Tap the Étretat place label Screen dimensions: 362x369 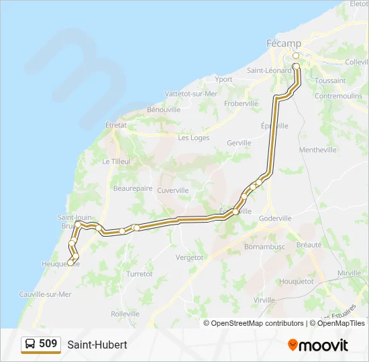tap(115, 125)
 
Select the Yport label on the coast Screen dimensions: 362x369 tap(224, 79)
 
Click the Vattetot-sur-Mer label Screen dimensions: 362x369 tap(192, 95)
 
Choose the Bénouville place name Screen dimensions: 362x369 tap(164, 109)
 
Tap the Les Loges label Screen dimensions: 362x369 tap(193, 138)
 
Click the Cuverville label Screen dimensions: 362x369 tap(172, 190)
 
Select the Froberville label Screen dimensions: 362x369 tap(241, 103)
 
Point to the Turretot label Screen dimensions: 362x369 tap(140, 274)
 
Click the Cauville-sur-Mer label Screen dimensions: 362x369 tap(45, 294)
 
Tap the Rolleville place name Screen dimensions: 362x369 tap(125, 313)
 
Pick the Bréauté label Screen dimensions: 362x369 tap(309, 245)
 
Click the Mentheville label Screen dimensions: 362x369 tap(318, 150)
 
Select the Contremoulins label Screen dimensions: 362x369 tap(338, 96)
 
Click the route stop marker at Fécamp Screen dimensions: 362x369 tap(296, 56)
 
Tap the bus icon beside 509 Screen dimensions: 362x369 tap(30, 345)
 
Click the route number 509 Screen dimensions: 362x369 tap(48, 344)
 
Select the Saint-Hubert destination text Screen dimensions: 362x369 tap(97, 345)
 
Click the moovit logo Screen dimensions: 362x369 tap(318, 345)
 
